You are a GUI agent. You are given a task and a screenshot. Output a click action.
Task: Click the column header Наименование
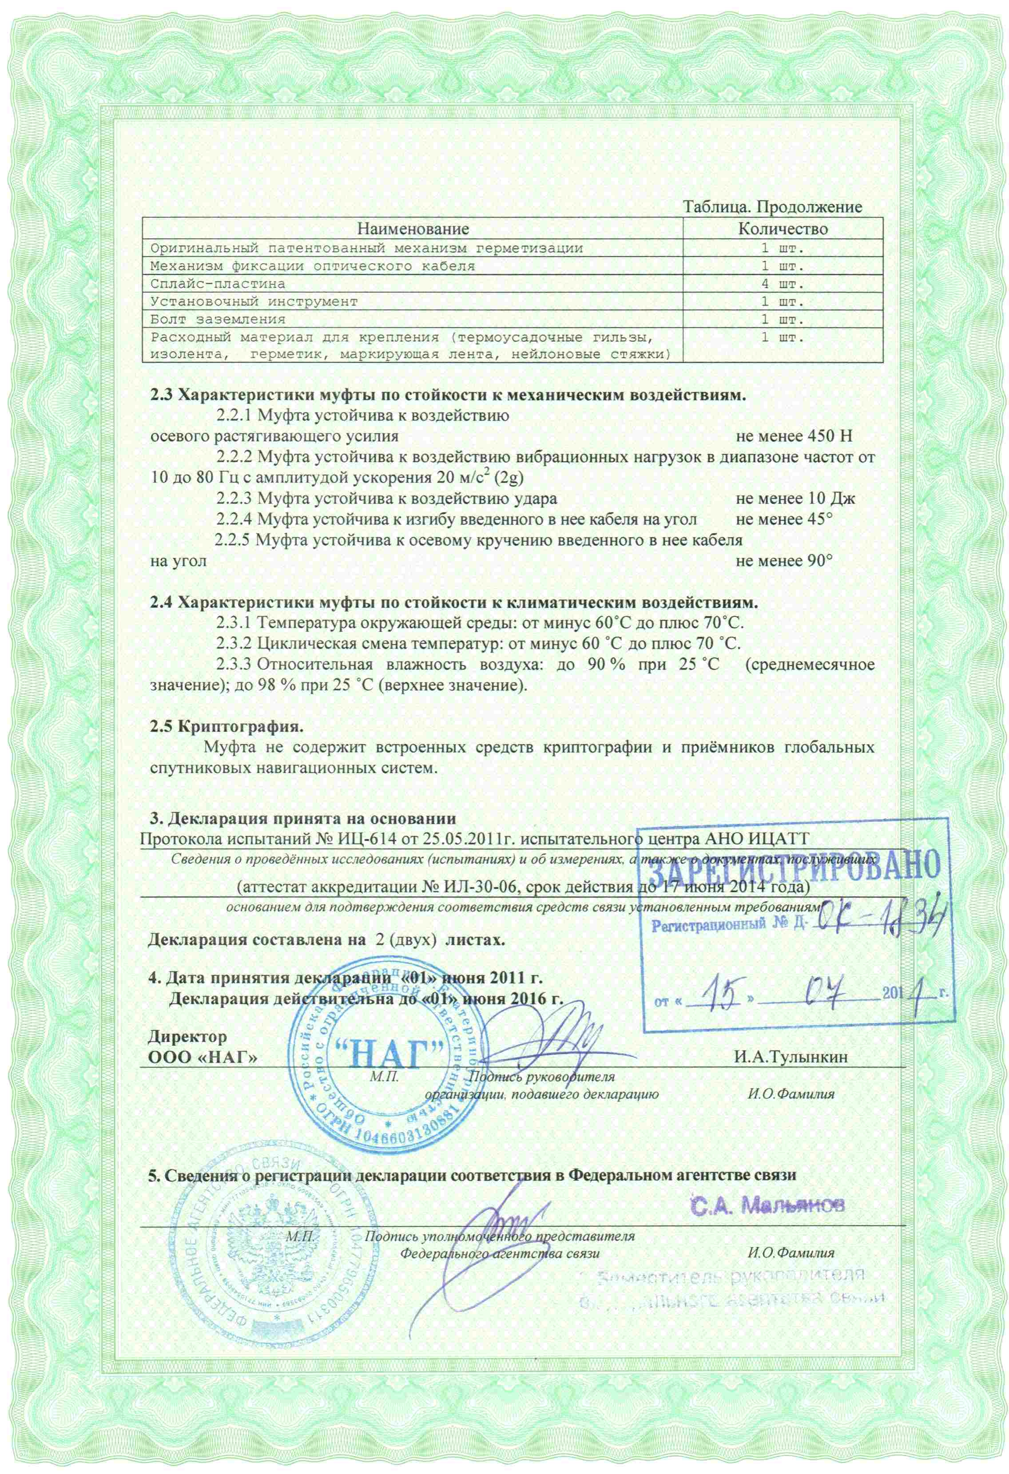click(413, 228)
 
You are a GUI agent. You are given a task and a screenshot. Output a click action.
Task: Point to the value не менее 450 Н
click(795, 436)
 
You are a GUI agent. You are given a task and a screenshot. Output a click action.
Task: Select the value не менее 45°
click(784, 519)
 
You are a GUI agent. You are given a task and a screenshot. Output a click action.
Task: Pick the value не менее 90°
click(784, 561)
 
